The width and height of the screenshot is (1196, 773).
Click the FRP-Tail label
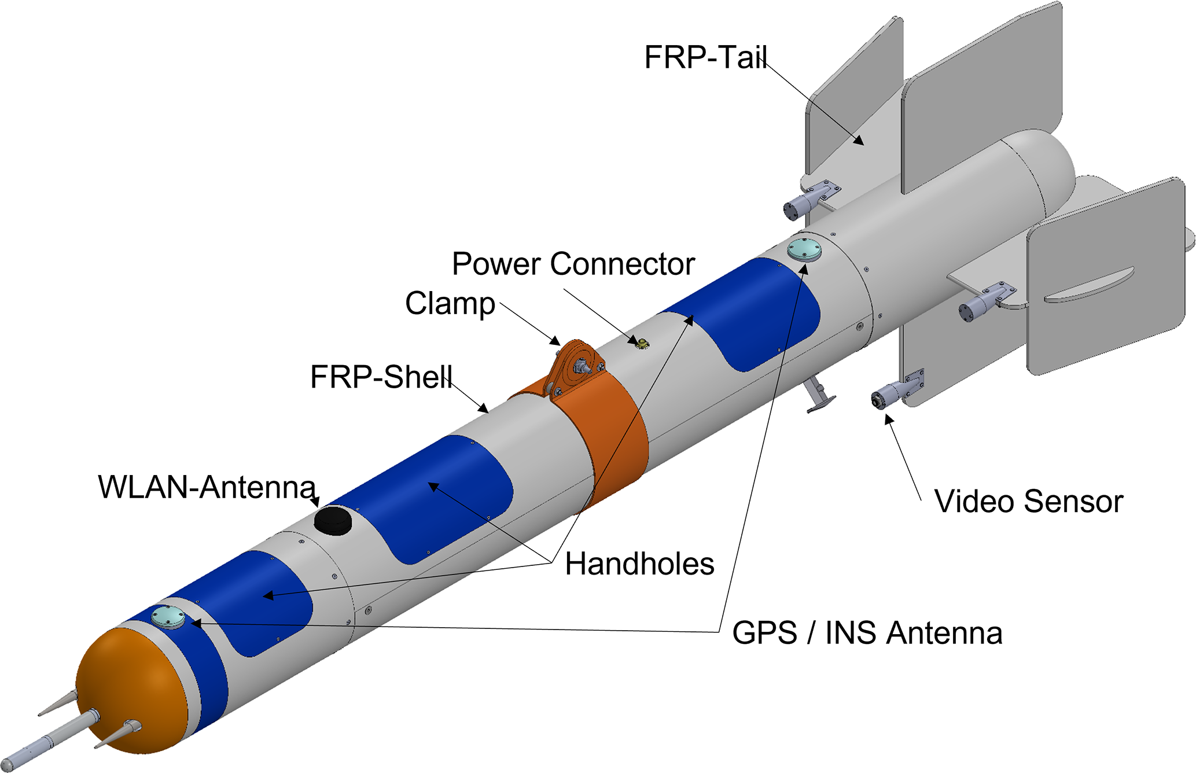(x=706, y=58)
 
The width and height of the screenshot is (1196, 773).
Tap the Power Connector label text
(x=573, y=264)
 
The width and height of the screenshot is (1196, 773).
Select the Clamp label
(x=450, y=304)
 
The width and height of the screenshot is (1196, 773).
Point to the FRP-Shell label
(x=381, y=377)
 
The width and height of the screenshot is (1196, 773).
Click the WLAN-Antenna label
(x=207, y=487)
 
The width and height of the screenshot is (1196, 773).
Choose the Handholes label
(x=639, y=564)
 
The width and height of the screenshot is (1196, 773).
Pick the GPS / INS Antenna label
(x=867, y=632)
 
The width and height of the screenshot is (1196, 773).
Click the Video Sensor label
(x=1028, y=501)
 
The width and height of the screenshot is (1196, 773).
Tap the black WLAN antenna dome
(x=334, y=520)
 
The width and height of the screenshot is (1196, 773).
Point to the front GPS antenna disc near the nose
(x=168, y=617)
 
